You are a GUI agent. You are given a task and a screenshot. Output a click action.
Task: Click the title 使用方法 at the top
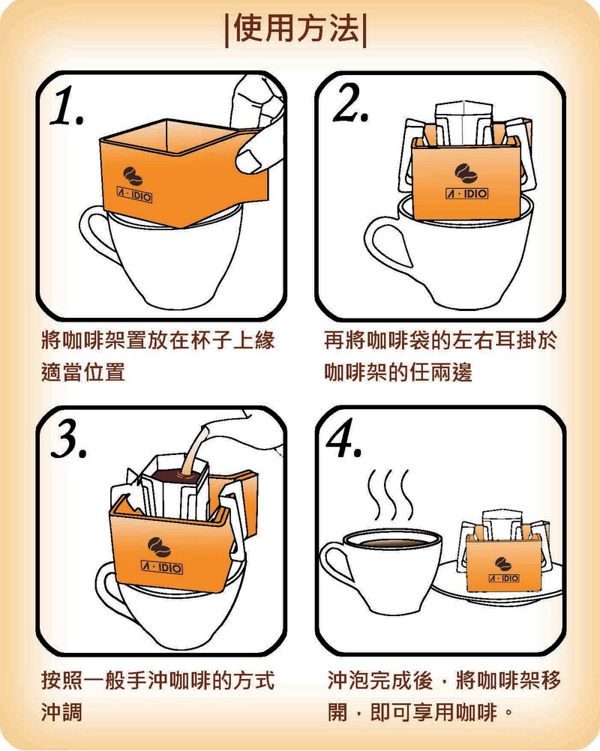(298, 30)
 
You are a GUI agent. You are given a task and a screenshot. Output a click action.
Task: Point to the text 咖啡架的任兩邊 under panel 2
(398, 372)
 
